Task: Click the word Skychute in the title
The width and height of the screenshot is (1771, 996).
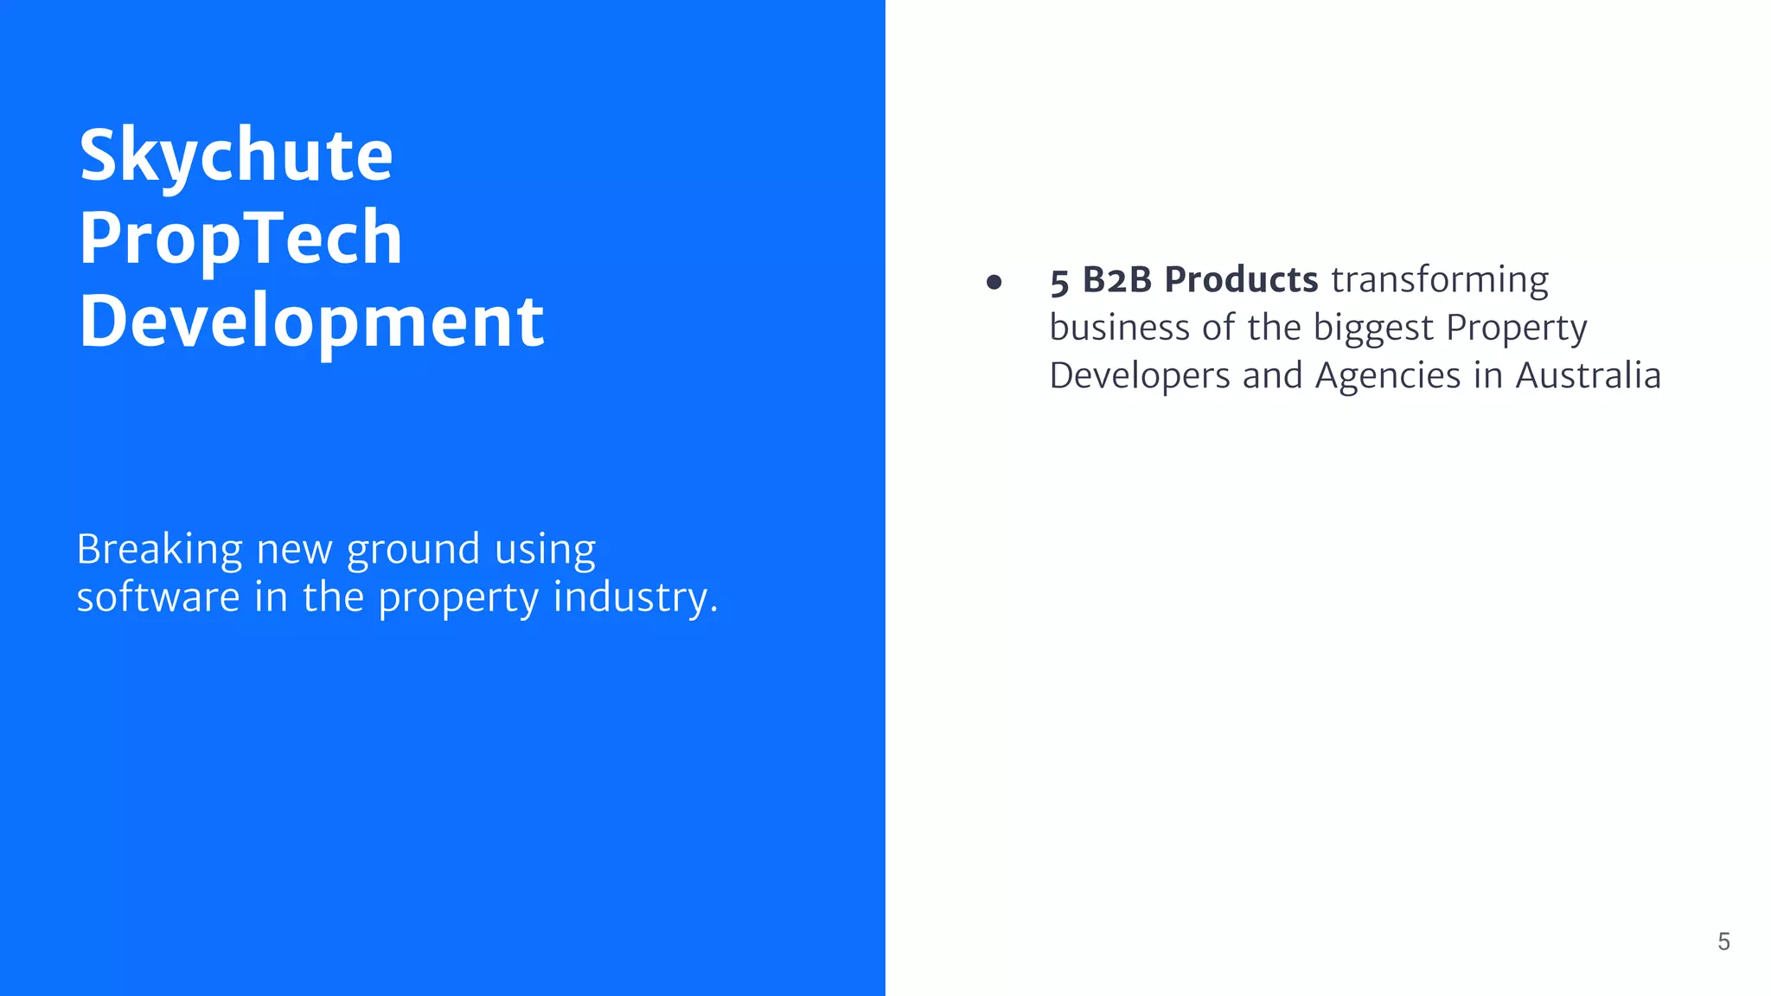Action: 236,156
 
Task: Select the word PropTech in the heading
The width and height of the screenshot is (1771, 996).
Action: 240,238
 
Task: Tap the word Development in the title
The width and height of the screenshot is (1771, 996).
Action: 311,321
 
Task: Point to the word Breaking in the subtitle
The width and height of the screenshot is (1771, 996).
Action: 160,549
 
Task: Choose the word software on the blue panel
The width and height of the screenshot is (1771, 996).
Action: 158,597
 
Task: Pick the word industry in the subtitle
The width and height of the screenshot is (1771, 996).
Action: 636,598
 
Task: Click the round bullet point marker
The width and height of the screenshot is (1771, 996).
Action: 994,282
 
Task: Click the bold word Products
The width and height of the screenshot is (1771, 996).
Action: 1241,280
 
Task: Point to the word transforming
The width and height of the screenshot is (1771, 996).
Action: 1440,281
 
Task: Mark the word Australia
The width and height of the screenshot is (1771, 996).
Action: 1588,376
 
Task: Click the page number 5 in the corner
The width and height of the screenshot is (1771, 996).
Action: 1723,942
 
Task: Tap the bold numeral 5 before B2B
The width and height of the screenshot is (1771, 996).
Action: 1059,282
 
